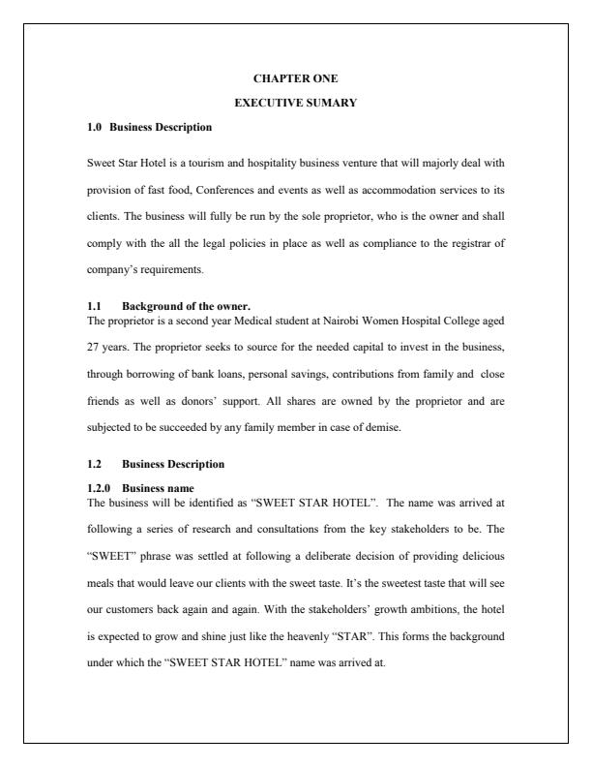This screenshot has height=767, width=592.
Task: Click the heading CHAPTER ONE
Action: (295, 77)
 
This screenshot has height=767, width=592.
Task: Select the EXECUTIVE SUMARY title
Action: (295, 102)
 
